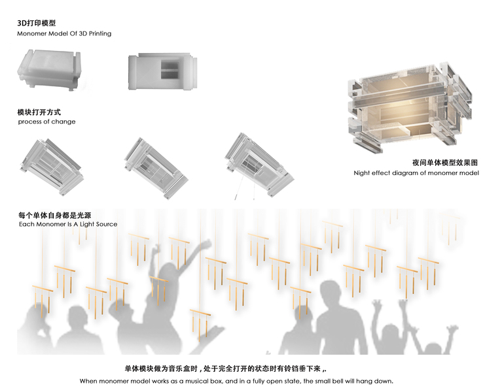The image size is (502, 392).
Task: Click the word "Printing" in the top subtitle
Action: (x=97, y=33)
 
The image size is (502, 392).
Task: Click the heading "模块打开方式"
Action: (x=39, y=112)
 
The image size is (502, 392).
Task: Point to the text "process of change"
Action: (x=46, y=122)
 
